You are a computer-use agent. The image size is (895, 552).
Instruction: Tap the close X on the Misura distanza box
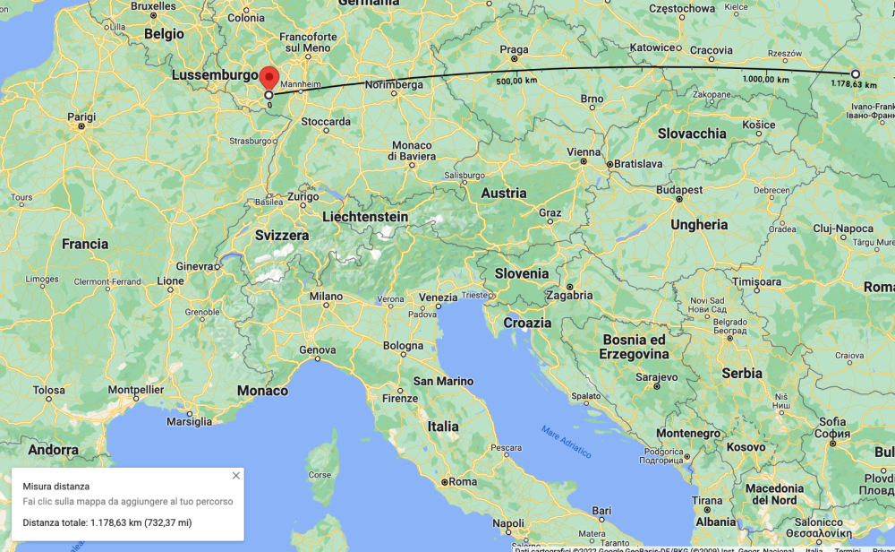(x=236, y=476)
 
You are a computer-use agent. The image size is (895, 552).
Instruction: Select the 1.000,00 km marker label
(x=765, y=80)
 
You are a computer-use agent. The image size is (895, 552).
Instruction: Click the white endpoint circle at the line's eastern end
(x=856, y=73)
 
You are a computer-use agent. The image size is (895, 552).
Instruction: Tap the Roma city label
(x=463, y=482)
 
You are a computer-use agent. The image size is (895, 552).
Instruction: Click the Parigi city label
(x=81, y=116)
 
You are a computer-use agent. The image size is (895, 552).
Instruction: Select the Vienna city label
(x=584, y=152)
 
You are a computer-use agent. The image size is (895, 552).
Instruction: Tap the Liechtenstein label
(x=365, y=217)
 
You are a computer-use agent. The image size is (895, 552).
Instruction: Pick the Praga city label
(x=515, y=50)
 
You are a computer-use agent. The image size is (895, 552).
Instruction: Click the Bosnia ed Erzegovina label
(x=636, y=347)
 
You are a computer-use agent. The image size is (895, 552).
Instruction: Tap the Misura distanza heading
(x=55, y=487)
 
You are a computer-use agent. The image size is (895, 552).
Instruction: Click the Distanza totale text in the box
(x=107, y=522)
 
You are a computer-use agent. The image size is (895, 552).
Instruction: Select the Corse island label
(x=320, y=475)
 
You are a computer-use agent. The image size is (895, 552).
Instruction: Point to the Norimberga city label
(x=394, y=85)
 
